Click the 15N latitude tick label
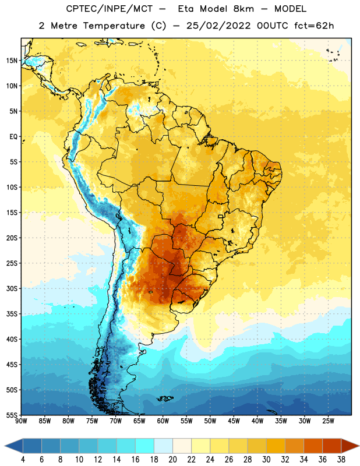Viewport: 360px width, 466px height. (x=12, y=61)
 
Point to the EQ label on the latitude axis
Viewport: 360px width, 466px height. (x=13, y=137)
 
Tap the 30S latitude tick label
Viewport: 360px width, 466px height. (x=12, y=288)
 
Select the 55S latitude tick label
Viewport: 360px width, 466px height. (x=12, y=415)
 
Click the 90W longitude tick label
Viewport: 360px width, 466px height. (x=21, y=421)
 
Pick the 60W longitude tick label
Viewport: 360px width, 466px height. (x=163, y=421)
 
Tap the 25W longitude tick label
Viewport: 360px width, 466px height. (x=328, y=421)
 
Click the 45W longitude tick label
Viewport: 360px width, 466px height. (x=234, y=421)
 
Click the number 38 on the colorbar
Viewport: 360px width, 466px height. (x=341, y=460)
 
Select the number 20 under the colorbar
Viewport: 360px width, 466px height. (x=172, y=460)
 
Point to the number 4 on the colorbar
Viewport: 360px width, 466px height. (x=23, y=460)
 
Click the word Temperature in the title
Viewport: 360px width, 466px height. (x=114, y=26)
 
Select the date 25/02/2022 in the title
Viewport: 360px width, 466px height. (x=218, y=26)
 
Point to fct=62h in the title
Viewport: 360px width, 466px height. (x=314, y=26)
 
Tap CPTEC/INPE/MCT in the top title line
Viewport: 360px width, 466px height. (x=110, y=9)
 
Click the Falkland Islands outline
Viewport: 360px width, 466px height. (x=165, y=398)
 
